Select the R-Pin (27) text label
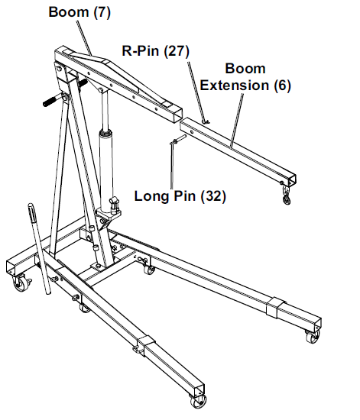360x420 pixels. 155,51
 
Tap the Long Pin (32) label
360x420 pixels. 180,196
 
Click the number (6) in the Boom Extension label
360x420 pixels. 282,86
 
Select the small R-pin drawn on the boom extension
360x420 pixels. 205,118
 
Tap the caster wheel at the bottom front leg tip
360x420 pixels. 197,403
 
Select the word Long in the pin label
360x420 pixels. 151,196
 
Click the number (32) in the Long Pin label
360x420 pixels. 212,196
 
